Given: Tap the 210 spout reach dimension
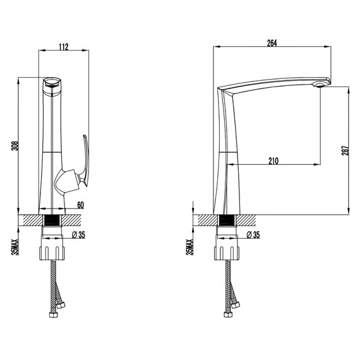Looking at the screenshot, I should (x=273, y=160).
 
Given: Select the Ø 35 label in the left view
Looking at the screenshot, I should (x=78, y=234).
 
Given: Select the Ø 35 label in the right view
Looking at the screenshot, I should (x=253, y=234).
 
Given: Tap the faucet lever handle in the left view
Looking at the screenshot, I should (x=85, y=162).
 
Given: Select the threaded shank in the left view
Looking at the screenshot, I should (x=53, y=220).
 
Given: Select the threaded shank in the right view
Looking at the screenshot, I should (x=228, y=220).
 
